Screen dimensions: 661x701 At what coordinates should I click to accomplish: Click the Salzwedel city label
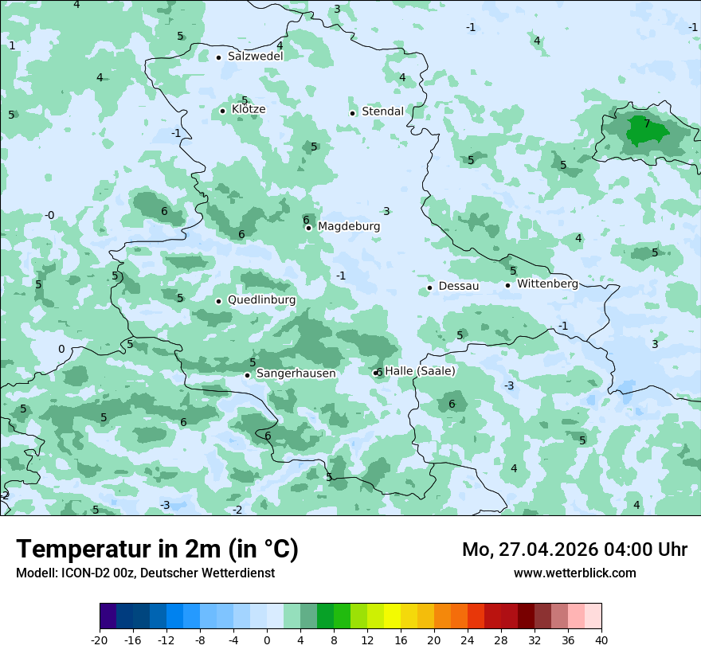pyautogui.click(x=255, y=57)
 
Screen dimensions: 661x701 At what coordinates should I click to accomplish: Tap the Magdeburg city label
pyautogui.click(x=349, y=227)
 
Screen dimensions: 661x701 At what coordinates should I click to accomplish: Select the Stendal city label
pyautogui.click(x=382, y=112)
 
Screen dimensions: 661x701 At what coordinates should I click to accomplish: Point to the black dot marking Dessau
pyautogui.click(x=429, y=287)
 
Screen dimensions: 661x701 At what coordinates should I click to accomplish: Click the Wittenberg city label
pyautogui.click(x=547, y=284)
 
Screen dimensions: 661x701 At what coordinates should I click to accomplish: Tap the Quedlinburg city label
pyautogui.click(x=261, y=300)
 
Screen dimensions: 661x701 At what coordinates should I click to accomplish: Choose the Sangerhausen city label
pyautogui.click(x=296, y=374)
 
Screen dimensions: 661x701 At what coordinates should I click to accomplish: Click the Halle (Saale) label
pyautogui.click(x=420, y=371)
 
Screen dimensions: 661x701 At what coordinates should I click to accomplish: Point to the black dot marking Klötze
pyautogui.click(x=223, y=111)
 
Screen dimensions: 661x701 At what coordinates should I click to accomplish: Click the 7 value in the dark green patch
pyautogui.click(x=647, y=124)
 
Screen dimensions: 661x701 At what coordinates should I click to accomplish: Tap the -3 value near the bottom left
pyautogui.click(x=165, y=506)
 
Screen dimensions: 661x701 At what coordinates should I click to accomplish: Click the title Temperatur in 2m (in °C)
pyautogui.click(x=158, y=550)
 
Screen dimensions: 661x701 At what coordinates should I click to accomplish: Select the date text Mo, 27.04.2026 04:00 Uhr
pyautogui.click(x=574, y=550)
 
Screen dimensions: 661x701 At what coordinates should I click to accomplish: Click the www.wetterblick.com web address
pyautogui.click(x=574, y=573)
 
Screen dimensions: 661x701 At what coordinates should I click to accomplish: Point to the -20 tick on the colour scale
pyautogui.click(x=100, y=640)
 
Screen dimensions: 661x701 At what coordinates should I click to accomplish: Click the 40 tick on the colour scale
pyautogui.click(x=601, y=640)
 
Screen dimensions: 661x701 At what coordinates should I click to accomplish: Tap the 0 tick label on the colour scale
pyautogui.click(x=267, y=640)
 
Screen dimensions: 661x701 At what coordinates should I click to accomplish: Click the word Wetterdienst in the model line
pyautogui.click(x=242, y=573)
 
